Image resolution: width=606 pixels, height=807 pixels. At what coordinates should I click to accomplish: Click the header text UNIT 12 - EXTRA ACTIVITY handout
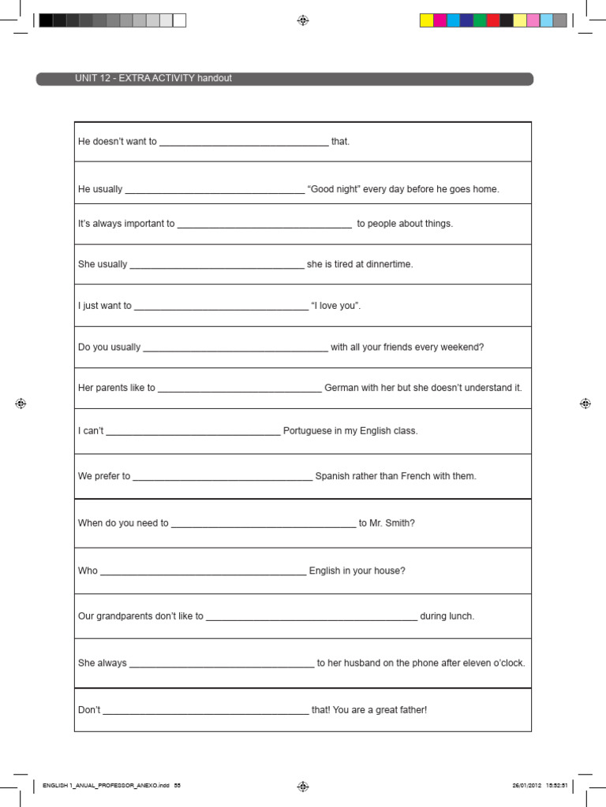pos(153,79)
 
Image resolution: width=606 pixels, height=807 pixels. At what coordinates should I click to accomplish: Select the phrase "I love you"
pos(336,306)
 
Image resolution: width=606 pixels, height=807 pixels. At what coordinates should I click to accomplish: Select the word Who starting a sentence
pos(88,571)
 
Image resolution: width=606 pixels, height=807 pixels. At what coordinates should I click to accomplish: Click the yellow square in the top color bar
pos(426,20)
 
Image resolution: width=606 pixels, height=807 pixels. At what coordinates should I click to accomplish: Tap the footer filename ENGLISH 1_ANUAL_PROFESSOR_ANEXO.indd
pos(106,786)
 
